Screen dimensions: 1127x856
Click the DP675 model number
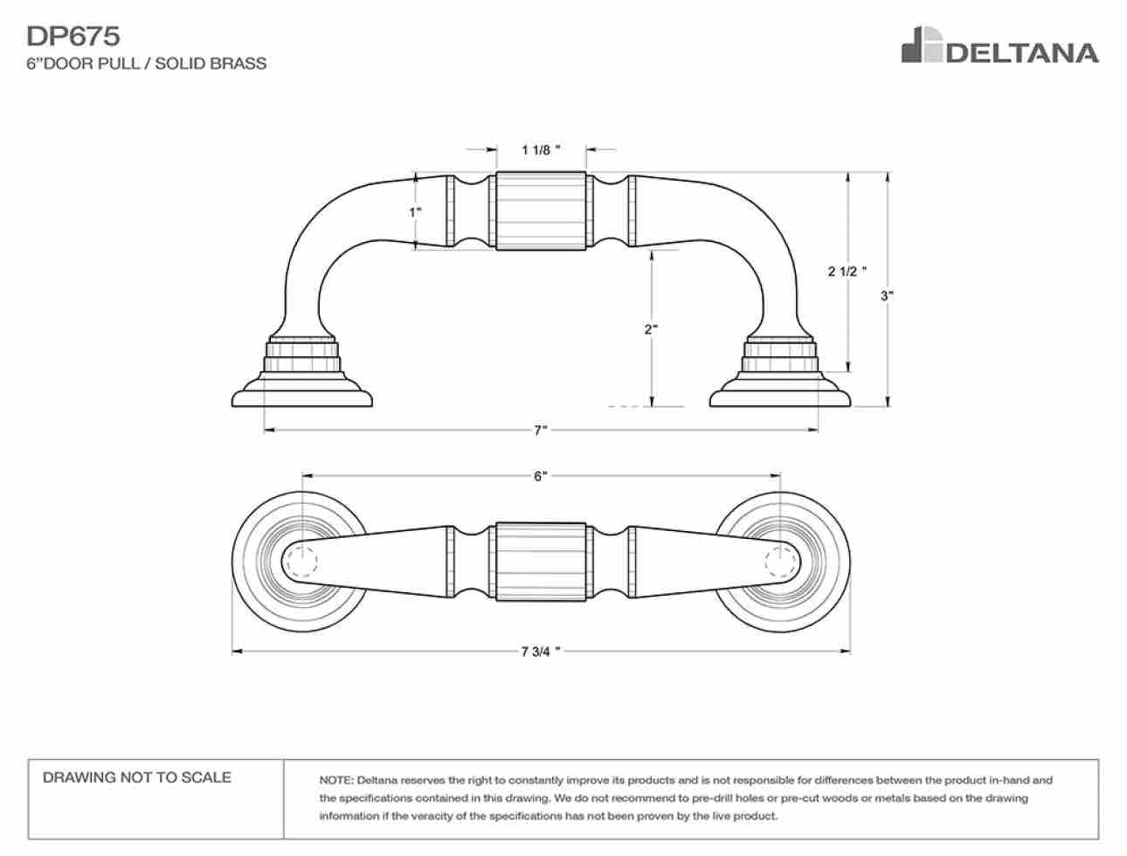[x=73, y=37]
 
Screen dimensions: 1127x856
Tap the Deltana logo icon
[x=923, y=45]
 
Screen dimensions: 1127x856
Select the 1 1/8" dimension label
[x=541, y=150]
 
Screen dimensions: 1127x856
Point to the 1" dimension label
[x=415, y=211]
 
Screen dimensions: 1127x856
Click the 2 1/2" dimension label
[x=847, y=271]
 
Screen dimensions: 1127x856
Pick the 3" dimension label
[x=887, y=295]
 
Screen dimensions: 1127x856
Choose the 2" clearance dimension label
[x=651, y=329]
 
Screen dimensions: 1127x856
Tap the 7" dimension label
[x=540, y=430]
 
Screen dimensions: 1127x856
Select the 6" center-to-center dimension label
[x=540, y=476]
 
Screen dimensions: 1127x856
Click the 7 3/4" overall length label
[x=541, y=652]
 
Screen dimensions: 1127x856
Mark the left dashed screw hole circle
[x=301, y=562]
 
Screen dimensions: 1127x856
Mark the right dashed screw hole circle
[x=781, y=562]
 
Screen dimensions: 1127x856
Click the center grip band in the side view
[x=541, y=211]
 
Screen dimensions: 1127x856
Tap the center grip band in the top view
[x=541, y=562]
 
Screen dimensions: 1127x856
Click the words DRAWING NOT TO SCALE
[x=137, y=777]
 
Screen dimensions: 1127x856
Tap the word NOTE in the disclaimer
[x=335, y=781]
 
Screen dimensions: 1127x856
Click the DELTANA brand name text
[x=1022, y=53]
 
